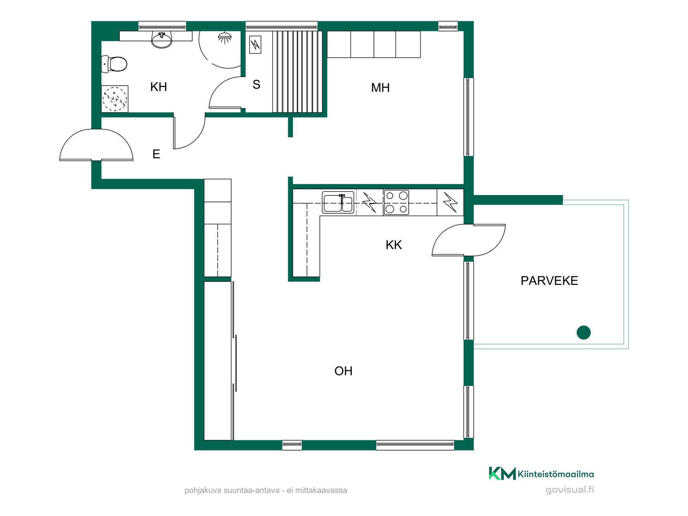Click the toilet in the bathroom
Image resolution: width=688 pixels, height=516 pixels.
(x=114, y=64)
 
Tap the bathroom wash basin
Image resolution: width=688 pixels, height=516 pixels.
(x=162, y=39)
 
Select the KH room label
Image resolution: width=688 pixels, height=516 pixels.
(x=158, y=87)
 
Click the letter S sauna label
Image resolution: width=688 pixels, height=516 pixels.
(x=256, y=85)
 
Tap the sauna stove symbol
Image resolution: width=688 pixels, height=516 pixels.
(x=255, y=45)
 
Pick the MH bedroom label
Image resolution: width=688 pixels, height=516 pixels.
(x=380, y=87)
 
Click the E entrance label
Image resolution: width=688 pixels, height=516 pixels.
(x=156, y=154)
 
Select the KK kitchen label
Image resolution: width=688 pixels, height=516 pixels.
(x=394, y=245)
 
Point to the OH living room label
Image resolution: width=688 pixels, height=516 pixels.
(x=343, y=371)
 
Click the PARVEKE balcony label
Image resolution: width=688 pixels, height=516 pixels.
(x=549, y=281)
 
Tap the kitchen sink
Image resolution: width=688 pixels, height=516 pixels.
(x=338, y=202)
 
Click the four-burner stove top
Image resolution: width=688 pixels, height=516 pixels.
(x=396, y=202)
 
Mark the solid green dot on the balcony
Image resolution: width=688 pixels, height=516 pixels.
(x=584, y=333)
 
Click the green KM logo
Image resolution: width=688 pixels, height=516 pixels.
(x=502, y=473)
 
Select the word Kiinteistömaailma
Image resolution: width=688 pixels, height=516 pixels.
(x=556, y=474)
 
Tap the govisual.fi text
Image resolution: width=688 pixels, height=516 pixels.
(x=570, y=490)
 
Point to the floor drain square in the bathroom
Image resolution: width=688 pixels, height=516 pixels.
(x=115, y=99)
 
